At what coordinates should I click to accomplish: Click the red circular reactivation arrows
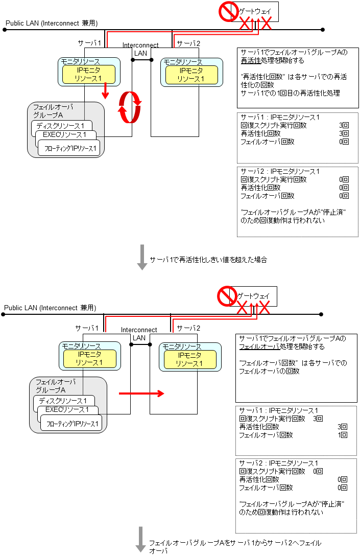coord(130,107)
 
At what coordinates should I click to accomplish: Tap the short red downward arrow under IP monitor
coord(105,91)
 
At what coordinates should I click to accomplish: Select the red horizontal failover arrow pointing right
coord(141,394)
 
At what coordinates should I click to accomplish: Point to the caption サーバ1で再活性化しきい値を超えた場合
coord(208,260)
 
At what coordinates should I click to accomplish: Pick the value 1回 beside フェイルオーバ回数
coord(343,435)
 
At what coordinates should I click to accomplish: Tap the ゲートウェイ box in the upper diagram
coord(255,11)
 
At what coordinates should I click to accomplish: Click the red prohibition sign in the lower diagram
coord(225,296)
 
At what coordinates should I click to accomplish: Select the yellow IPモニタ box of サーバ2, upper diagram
coord(190,75)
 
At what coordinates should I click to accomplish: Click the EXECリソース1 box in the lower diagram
coord(66,409)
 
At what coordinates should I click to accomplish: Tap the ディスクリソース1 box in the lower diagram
coord(63,401)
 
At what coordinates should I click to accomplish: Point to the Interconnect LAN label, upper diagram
coord(140,49)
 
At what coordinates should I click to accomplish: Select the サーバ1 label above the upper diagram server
coord(89,42)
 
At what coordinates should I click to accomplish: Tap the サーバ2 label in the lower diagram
coord(188,328)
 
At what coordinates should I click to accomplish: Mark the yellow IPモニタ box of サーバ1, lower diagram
coord(89,358)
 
